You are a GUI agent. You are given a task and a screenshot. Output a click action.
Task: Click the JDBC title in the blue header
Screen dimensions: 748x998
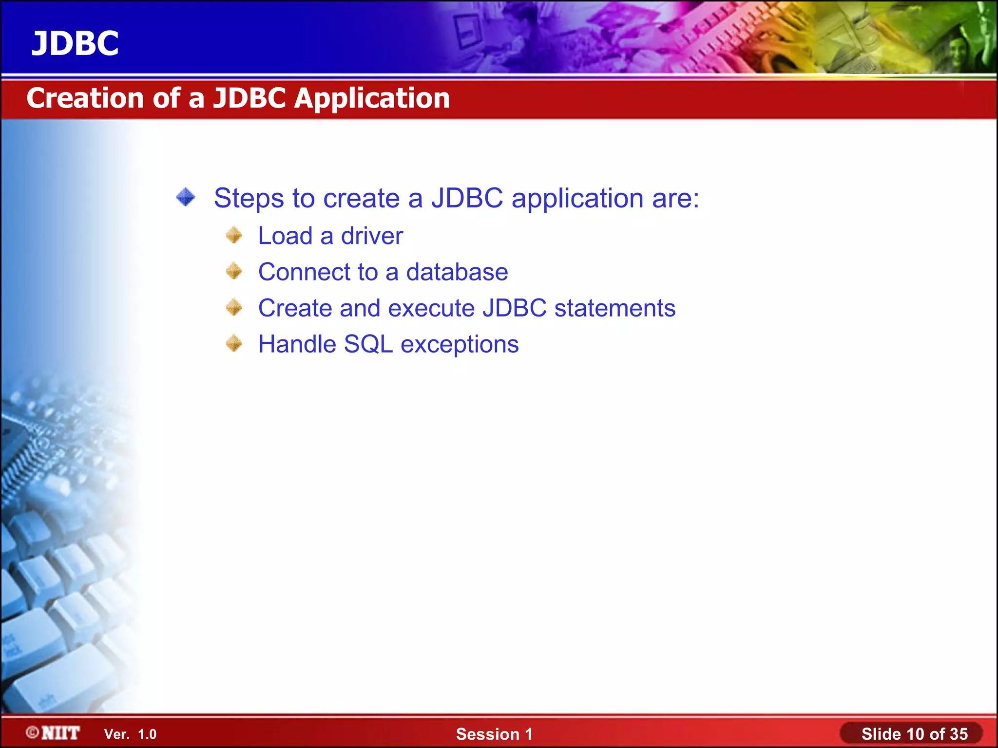point(75,43)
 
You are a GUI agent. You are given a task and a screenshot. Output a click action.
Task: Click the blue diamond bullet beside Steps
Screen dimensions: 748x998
point(186,197)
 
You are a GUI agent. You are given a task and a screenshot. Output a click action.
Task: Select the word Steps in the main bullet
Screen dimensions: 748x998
point(249,199)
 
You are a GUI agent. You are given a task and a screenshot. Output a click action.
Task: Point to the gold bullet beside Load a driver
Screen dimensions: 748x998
point(234,235)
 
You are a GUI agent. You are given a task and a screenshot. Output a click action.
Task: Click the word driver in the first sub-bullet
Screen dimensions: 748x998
point(372,236)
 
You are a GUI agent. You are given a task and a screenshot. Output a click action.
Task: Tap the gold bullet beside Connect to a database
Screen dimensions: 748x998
point(234,271)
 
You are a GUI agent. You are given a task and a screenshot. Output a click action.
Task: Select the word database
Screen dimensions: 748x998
point(457,272)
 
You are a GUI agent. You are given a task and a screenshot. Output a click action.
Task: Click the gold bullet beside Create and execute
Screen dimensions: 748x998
point(234,307)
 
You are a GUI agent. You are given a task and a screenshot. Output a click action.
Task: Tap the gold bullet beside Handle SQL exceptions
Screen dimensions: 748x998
point(234,343)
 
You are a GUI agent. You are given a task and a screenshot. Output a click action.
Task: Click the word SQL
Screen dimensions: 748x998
point(368,344)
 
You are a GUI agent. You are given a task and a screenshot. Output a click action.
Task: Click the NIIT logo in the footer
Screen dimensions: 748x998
point(54,733)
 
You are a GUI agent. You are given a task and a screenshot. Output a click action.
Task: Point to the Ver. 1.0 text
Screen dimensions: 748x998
point(130,734)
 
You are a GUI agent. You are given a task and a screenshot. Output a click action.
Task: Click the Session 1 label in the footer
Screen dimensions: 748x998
point(494,734)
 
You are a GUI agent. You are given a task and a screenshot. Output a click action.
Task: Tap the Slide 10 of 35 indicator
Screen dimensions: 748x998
point(914,734)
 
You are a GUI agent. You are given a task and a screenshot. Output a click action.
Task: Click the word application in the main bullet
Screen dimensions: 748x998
point(577,199)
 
